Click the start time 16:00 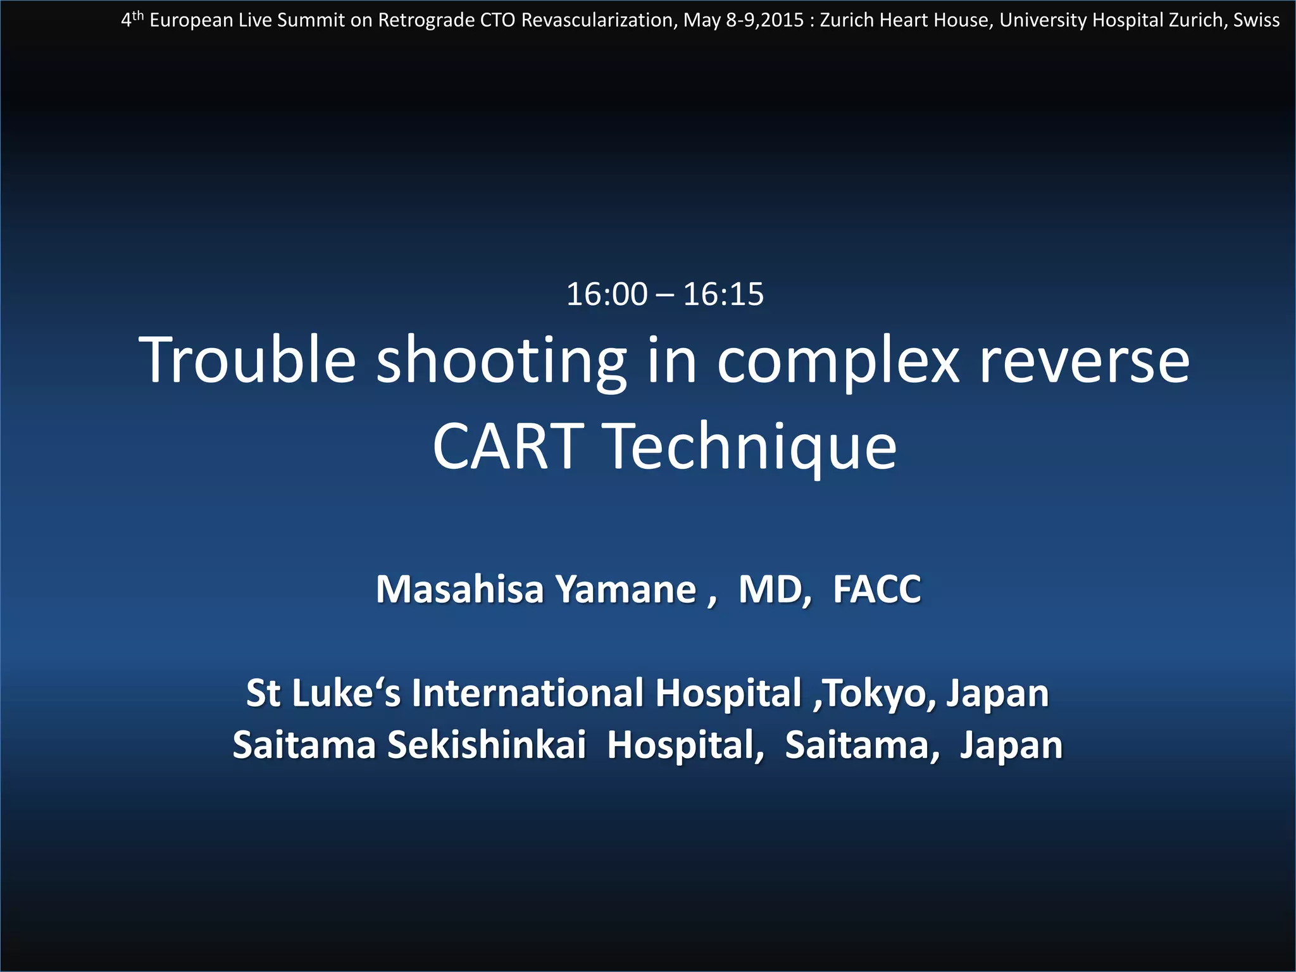coord(607,294)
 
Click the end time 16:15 coord(723,294)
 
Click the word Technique coord(751,448)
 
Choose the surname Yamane coord(626,589)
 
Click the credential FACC coord(876,589)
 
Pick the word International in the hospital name coord(527,693)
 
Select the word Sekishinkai coord(487,745)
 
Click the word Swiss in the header coord(1256,20)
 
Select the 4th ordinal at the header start coord(132,20)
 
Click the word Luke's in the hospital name coord(346,693)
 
